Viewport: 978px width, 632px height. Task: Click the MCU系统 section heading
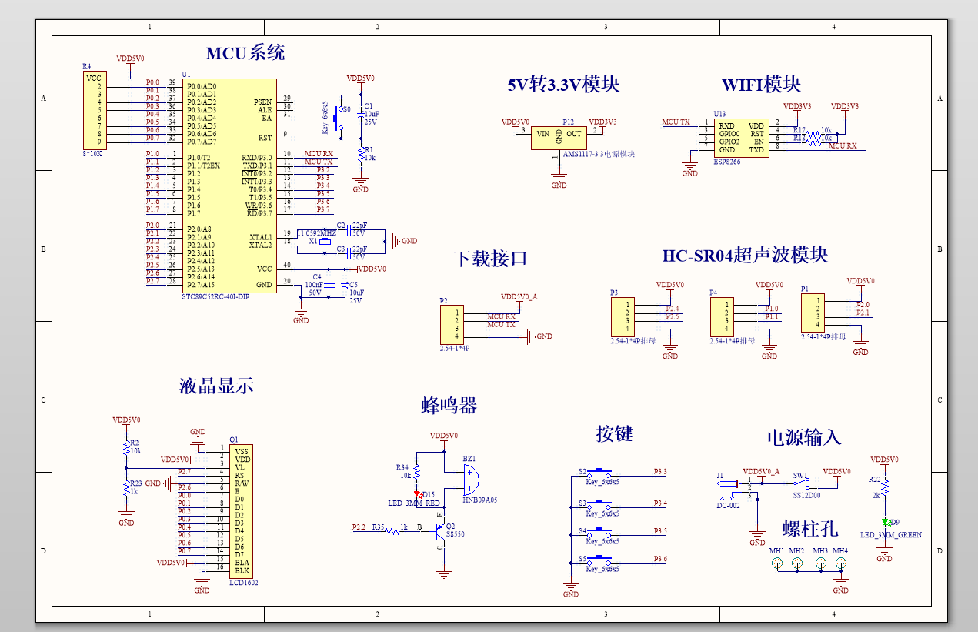pyautogui.click(x=245, y=53)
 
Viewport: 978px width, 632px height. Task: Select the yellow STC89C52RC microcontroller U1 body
pyautogui.click(x=229, y=185)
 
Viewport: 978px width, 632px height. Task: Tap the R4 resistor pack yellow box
pyautogui.click(x=94, y=110)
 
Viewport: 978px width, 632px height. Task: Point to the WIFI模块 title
pyautogui.click(x=760, y=85)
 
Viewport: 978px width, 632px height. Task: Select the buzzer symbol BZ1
pyautogui.click(x=471, y=480)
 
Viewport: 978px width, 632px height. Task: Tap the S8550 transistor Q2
pyautogui.click(x=441, y=530)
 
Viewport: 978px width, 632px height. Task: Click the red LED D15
pyautogui.click(x=419, y=494)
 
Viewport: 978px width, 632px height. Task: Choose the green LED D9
pyautogui.click(x=885, y=522)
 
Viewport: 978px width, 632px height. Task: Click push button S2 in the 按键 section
pyautogui.click(x=599, y=472)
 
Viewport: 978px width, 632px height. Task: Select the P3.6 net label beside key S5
pyautogui.click(x=659, y=559)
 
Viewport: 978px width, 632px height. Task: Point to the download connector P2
pyautogui.click(x=450, y=324)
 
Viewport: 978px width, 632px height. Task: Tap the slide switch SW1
pyautogui.click(x=806, y=483)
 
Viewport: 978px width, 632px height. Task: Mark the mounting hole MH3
pyautogui.click(x=820, y=563)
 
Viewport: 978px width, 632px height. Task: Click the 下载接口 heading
pyautogui.click(x=490, y=259)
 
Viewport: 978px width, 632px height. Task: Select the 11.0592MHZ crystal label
pyautogui.click(x=316, y=232)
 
